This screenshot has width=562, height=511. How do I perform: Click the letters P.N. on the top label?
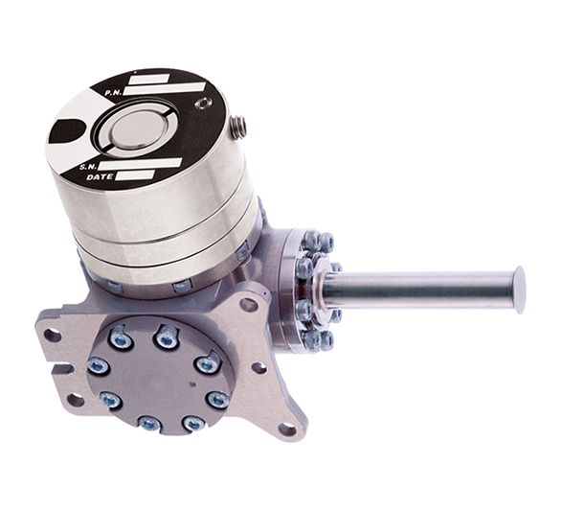(114, 93)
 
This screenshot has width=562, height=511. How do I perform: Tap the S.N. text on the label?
(88, 167)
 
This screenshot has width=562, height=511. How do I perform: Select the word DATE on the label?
(100, 177)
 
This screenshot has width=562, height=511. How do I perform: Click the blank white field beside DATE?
(135, 174)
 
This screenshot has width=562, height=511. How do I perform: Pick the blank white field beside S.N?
(141, 164)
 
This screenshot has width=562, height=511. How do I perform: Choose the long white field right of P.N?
(165, 88)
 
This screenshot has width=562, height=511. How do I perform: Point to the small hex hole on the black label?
(203, 103)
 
